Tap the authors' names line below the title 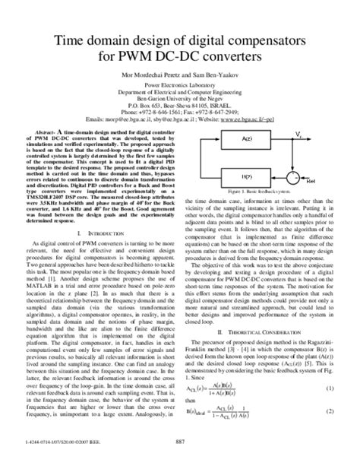(x=179, y=79)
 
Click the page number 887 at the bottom (x=180, y=458)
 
